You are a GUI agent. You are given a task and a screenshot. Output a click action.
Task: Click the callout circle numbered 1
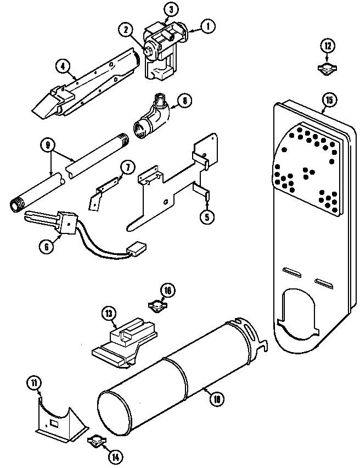pyautogui.click(x=207, y=26)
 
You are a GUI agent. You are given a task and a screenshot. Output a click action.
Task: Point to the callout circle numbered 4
pyautogui.click(x=64, y=66)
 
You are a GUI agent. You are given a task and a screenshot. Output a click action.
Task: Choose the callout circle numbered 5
pyautogui.click(x=207, y=216)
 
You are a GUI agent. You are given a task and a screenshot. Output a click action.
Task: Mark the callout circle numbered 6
pyautogui.click(x=47, y=247)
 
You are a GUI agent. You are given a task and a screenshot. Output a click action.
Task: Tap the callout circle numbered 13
pyautogui.click(x=109, y=314)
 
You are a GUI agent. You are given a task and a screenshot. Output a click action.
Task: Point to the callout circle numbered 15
pyautogui.click(x=328, y=100)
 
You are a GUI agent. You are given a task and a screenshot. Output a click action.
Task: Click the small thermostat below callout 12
pyautogui.click(x=327, y=68)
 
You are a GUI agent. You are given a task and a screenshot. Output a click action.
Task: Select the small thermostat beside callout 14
pyautogui.click(x=95, y=441)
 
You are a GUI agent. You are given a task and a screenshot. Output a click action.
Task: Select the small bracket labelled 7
pyautogui.click(x=106, y=189)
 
